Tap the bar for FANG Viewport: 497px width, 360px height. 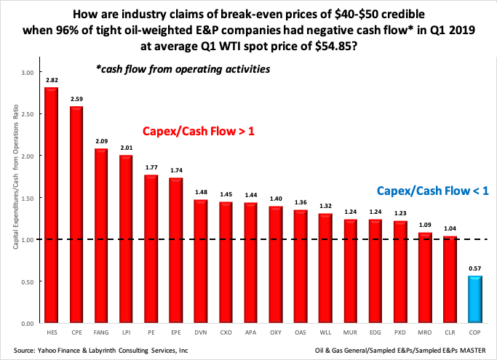coord(100,236)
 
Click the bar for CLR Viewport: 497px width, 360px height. coord(449,279)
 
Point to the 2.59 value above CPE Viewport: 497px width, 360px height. coord(76,99)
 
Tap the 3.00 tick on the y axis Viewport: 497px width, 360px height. coord(26,73)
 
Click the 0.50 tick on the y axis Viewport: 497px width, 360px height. coord(26,281)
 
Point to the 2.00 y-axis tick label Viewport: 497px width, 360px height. coord(26,156)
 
